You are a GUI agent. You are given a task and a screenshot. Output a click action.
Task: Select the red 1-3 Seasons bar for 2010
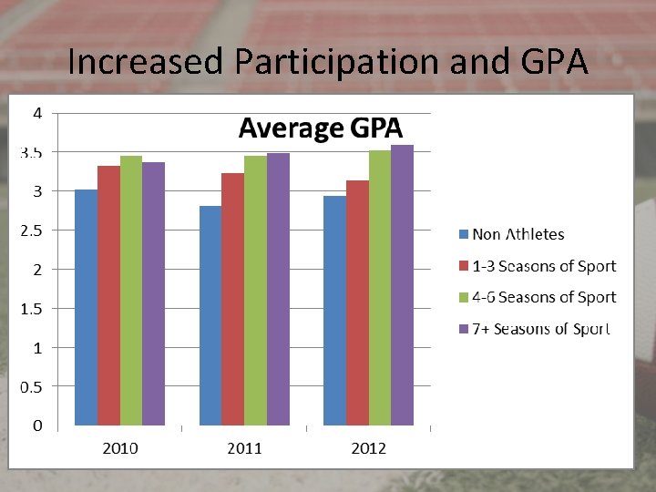108,295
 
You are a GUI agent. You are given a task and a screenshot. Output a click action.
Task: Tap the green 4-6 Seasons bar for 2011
255,290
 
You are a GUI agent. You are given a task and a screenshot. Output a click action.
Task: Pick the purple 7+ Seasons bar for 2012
402,284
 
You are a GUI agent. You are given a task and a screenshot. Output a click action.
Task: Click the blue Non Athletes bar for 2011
210,315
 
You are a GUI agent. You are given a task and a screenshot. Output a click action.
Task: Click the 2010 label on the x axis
119,448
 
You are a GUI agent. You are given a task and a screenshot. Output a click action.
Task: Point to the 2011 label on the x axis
244,448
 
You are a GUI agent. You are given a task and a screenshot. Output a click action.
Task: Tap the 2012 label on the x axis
368,448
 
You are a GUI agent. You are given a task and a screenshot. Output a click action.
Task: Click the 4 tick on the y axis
37,114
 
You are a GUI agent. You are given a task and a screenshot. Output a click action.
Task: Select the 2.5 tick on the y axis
31,231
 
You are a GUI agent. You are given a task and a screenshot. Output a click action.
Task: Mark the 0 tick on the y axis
37,425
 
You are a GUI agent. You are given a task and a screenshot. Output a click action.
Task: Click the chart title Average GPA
320,128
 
